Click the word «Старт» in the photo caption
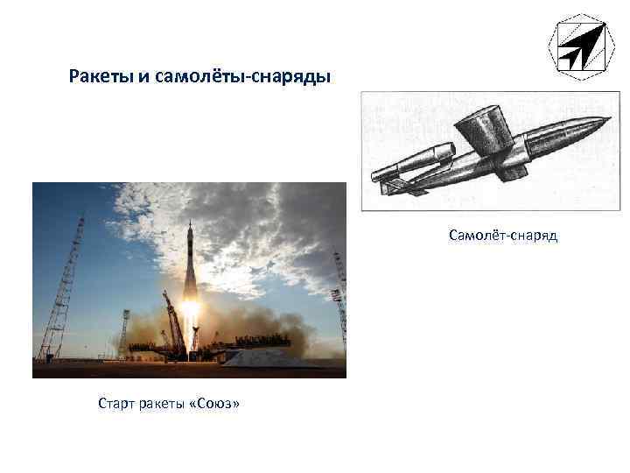[x=118, y=404]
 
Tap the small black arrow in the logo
[x=570, y=57]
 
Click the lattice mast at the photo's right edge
[x=340, y=298]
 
